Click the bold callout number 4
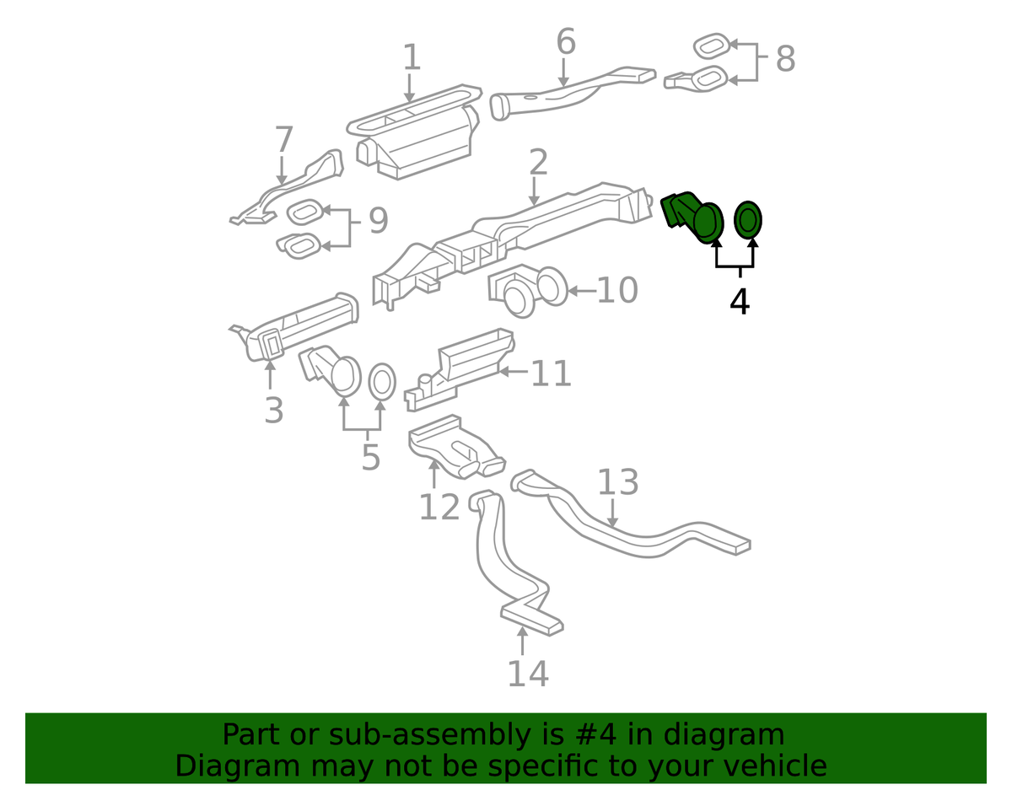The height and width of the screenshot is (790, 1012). [x=740, y=302]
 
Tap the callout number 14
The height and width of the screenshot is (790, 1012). [x=528, y=674]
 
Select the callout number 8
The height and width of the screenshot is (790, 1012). [x=786, y=59]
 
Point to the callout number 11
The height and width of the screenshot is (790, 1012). [x=551, y=373]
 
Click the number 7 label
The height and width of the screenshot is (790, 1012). [x=284, y=139]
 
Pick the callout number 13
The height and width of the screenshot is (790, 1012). [x=617, y=481]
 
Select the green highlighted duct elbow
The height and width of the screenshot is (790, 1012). [x=692, y=217]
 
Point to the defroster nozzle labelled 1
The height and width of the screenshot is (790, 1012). [x=414, y=132]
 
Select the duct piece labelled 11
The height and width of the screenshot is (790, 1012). [x=459, y=368]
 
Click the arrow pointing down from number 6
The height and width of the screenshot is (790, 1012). [x=563, y=73]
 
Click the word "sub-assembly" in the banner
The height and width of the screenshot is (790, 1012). [x=429, y=734]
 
